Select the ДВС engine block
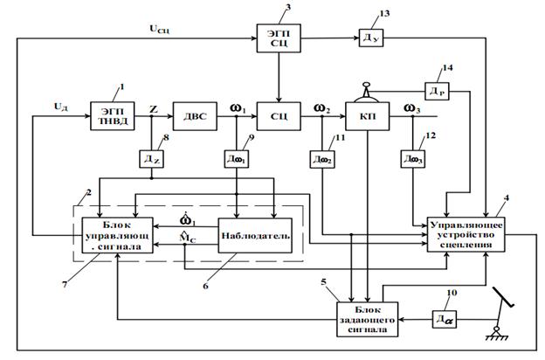pos(190,114)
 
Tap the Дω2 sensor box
pos(320,159)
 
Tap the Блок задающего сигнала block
pos(368,317)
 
